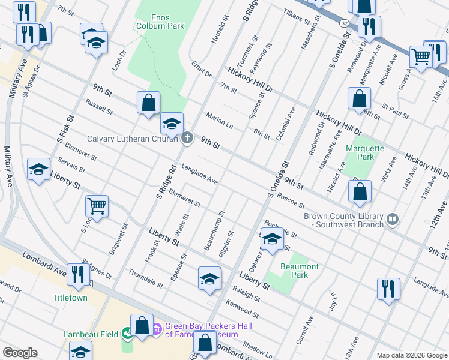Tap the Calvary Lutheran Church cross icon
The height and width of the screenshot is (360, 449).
pyautogui.click(x=187, y=139)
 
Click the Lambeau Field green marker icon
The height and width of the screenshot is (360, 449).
pyautogui.click(x=127, y=332)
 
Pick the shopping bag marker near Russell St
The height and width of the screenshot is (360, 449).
pyautogui.click(x=148, y=103)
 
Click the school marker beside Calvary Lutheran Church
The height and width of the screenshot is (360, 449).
pyautogui.click(x=172, y=124)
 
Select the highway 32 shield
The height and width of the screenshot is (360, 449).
pyautogui.click(x=342, y=22)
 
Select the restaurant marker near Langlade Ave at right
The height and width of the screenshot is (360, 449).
pyautogui.click(x=388, y=289)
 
